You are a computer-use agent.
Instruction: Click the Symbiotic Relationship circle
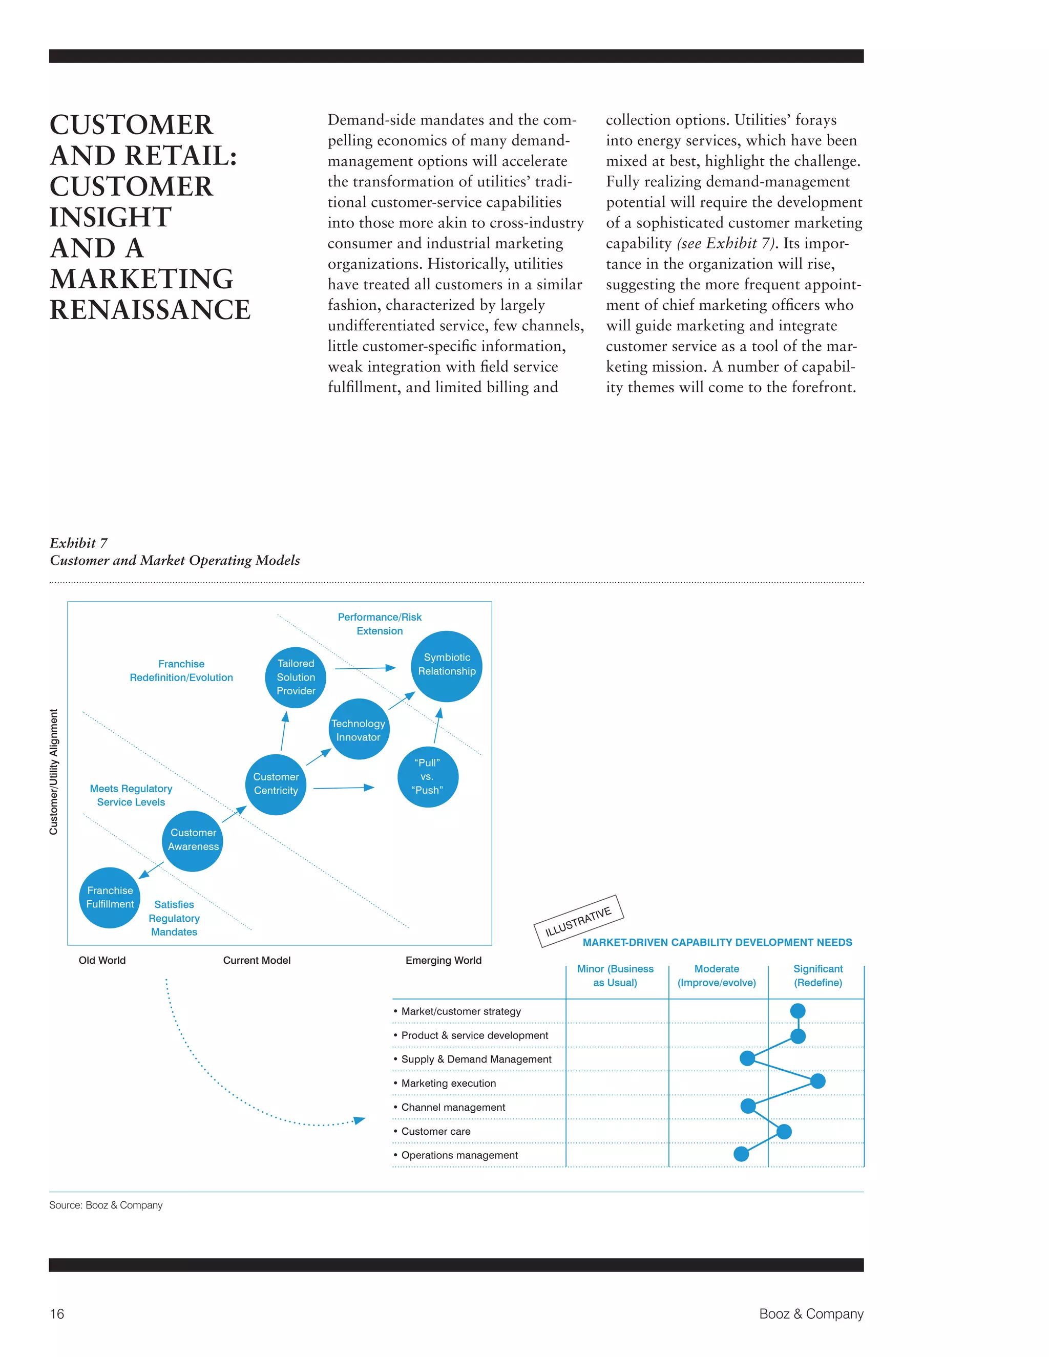point(447,666)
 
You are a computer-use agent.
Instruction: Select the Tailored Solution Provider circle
point(296,677)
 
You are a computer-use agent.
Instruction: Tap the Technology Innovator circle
point(359,729)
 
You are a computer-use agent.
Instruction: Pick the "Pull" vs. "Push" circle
point(428,777)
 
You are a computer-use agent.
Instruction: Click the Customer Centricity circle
point(276,784)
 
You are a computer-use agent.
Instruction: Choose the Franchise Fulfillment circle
point(110,897)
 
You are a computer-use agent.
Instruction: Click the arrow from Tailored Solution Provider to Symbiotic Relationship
point(365,668)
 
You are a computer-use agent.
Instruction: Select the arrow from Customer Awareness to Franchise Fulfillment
point(151,870)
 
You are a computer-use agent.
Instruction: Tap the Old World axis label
point(102,960)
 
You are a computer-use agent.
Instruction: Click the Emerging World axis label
point(443,960)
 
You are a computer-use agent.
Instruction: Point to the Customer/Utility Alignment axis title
point(54,772)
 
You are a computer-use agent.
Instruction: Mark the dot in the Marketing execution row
point(818,1081)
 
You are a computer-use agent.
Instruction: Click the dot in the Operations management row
point(741,1154)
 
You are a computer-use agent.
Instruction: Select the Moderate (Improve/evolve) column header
point(717,976)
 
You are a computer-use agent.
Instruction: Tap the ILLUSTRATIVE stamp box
point(579,921)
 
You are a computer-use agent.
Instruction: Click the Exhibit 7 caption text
point(78,543)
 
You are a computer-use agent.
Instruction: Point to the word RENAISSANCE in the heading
point(150,309)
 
